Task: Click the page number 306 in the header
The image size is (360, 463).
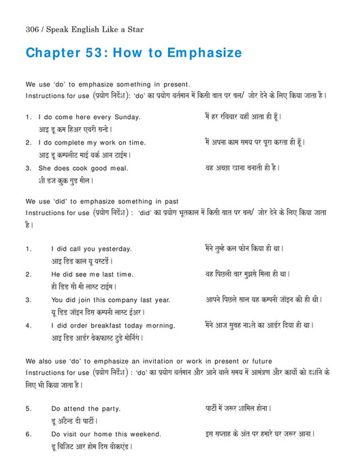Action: click(x=33, y=29)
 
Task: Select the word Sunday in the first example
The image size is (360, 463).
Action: click(x=127, y=117)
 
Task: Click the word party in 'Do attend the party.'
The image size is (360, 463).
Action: click(x=110, y=409)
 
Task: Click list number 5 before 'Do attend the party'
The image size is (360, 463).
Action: click(x=29, y=409)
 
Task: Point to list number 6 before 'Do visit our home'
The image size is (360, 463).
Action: click(x=29, y=434)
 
